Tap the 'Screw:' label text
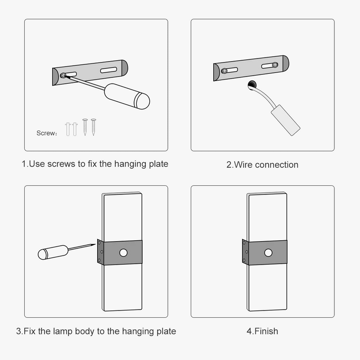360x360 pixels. (47, 134)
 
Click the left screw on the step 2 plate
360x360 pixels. (224, 70)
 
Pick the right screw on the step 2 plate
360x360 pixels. (274, 65)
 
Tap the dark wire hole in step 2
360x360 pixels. (251, 85)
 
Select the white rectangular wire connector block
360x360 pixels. (285, 120)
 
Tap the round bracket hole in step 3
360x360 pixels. (123, 253)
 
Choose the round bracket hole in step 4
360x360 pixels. (268, 253)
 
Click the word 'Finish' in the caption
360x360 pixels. (266, 331)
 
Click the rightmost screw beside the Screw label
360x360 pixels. (94, 127)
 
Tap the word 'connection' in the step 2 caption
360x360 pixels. (276, 165)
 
